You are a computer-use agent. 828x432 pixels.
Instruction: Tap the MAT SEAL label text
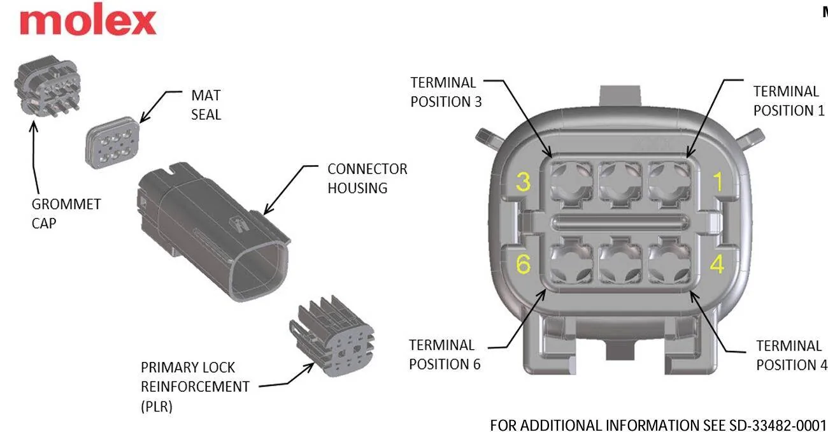tap(206, 105)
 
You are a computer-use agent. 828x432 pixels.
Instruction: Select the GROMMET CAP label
tap(66, 214)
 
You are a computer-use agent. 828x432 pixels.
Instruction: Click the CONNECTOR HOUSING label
tap(367, 178)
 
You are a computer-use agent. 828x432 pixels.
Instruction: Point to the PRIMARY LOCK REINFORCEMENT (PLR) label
tap(195, 387)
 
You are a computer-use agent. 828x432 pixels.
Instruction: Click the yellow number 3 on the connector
tap(523, 182)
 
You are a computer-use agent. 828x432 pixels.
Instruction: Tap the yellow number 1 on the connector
tap(718, 182)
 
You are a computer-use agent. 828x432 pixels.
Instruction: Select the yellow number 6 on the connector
tap(523, 264)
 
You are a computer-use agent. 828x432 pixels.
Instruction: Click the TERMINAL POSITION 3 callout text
tap(446, 92)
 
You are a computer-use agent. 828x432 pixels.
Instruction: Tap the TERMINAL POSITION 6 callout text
tap(445, 355)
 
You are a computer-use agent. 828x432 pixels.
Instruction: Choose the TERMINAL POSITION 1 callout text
tap(789, 101)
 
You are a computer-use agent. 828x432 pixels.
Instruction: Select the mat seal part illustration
tap(112, 143)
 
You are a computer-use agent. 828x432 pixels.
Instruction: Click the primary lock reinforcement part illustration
tap(332, 336)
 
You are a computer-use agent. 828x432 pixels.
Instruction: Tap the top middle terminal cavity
tap(620, 182)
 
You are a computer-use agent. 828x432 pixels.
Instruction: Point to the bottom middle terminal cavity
tap(620, 263)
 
